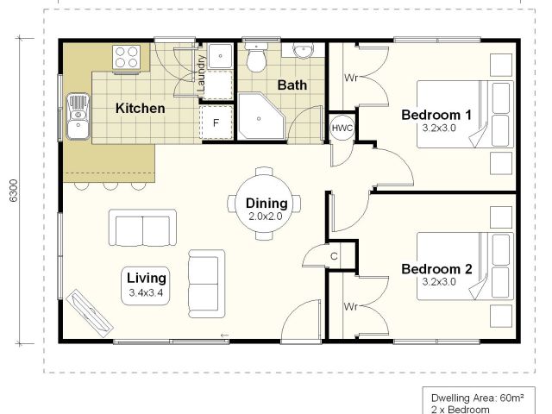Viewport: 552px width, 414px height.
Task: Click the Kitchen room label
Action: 140,108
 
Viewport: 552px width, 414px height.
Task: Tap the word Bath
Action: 292,85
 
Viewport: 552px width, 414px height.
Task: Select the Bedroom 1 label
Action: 436,115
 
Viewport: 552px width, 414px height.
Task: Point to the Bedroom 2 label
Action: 436,269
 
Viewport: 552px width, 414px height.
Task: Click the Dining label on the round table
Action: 267,204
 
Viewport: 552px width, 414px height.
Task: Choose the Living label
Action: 147,278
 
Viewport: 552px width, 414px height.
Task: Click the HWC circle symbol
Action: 342,128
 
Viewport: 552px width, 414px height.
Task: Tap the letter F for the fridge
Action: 216,122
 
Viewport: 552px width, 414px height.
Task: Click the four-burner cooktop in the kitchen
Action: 127,57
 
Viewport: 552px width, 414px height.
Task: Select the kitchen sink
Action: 78,116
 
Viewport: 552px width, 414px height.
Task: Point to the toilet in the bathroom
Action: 256,57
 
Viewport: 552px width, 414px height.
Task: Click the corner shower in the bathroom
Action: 260,116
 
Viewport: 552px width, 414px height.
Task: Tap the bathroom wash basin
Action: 304,50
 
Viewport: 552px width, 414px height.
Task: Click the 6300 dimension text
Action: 14,191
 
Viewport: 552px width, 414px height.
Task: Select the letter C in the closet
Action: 334,256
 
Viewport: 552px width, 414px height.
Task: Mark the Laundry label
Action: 201,72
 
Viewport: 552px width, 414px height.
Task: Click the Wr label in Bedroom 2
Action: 351,307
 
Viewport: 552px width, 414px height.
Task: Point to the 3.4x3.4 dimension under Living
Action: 146,292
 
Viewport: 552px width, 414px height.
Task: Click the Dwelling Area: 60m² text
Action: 477,398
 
